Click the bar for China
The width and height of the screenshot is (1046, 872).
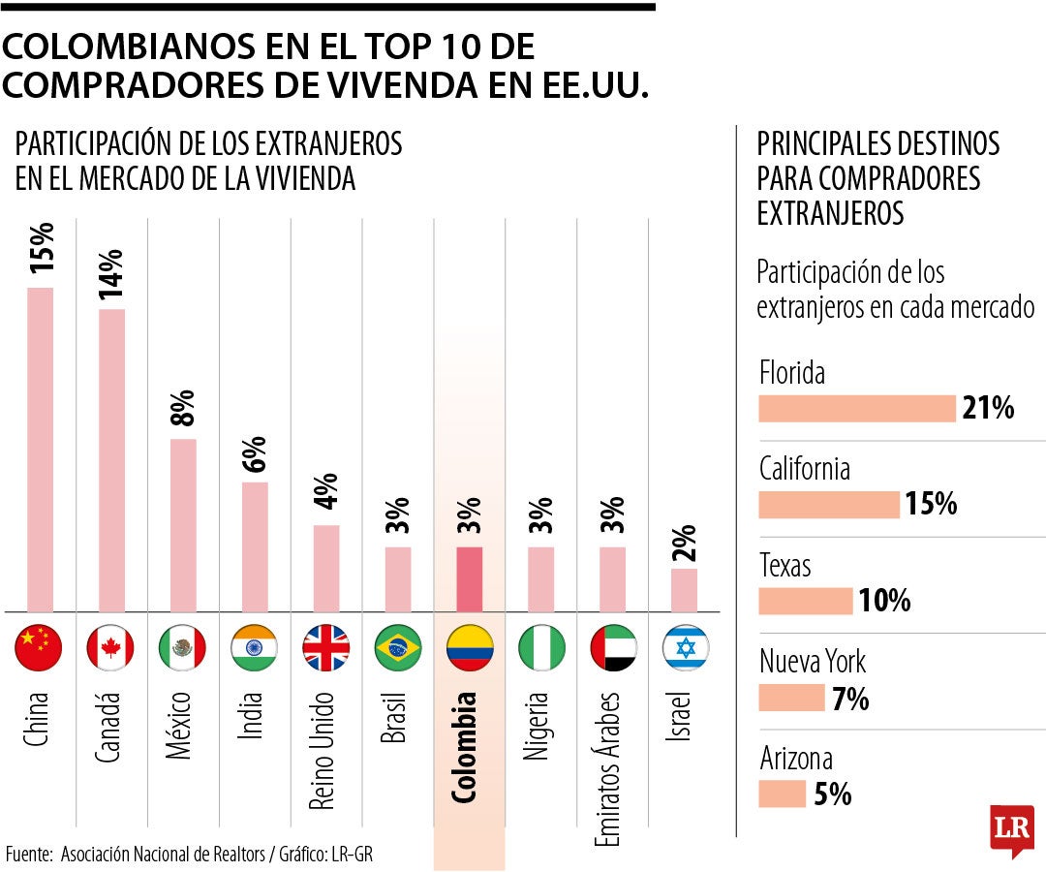[40, 450]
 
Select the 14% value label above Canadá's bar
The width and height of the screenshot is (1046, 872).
[111, 273]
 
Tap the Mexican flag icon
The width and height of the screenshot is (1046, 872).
[182, 648]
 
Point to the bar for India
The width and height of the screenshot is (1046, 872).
[255, 546]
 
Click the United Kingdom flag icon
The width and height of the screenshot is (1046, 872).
[326, 648]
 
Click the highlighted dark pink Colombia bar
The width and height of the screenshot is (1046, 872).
[470, 579]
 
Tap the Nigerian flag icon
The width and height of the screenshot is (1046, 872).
[541, 648]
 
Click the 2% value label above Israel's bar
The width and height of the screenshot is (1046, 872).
[685, 544]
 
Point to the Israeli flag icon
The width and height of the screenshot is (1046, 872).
[685, 648]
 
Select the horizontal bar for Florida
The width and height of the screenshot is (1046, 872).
[856, 409]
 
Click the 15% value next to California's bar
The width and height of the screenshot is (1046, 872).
[931, 505]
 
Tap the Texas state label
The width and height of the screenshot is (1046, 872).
[785, 565]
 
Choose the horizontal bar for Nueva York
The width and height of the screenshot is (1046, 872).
[790, 699]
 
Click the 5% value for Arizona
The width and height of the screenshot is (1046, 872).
[832, 794]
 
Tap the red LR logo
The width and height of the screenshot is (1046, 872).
[1011, 829]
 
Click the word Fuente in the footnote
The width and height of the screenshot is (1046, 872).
[30, 854]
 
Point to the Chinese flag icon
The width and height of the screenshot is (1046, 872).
[40, 648]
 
